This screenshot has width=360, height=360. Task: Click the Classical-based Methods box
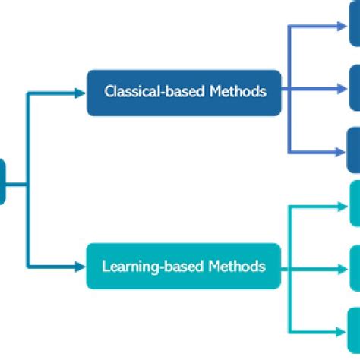[x=184, y=93]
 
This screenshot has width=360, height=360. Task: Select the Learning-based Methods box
[x=184, y=267]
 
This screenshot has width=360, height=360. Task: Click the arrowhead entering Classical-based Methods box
[x=81, y=93]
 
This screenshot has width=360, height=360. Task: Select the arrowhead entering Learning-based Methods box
[x=81, y=267]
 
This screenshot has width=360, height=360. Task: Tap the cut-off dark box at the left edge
[x=2, y=182]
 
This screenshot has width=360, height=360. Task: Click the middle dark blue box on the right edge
[x=354, y=87]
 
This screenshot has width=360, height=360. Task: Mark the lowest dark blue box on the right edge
[x=354, y=150]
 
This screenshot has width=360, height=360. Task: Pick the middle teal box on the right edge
[x=354, y=267]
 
